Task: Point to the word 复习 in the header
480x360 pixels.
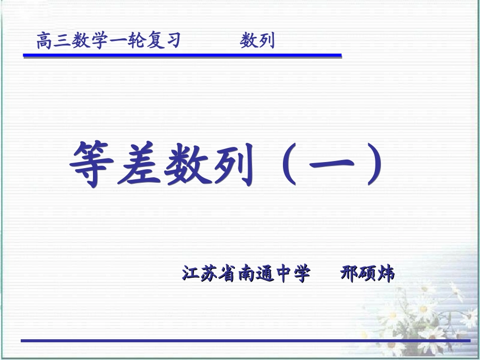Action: (163, 41)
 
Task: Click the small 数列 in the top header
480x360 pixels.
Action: (257, 41)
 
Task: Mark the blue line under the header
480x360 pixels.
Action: (182, 56)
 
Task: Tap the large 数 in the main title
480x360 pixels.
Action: (185, 165)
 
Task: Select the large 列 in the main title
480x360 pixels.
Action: (231, 165)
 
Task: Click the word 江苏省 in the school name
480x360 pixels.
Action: (209, 274)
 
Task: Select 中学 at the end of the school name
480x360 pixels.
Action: (292, 274)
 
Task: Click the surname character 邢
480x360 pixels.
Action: (349, 274)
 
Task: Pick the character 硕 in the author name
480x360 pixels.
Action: (367, 274)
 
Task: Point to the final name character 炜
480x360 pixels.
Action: (386, 274)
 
